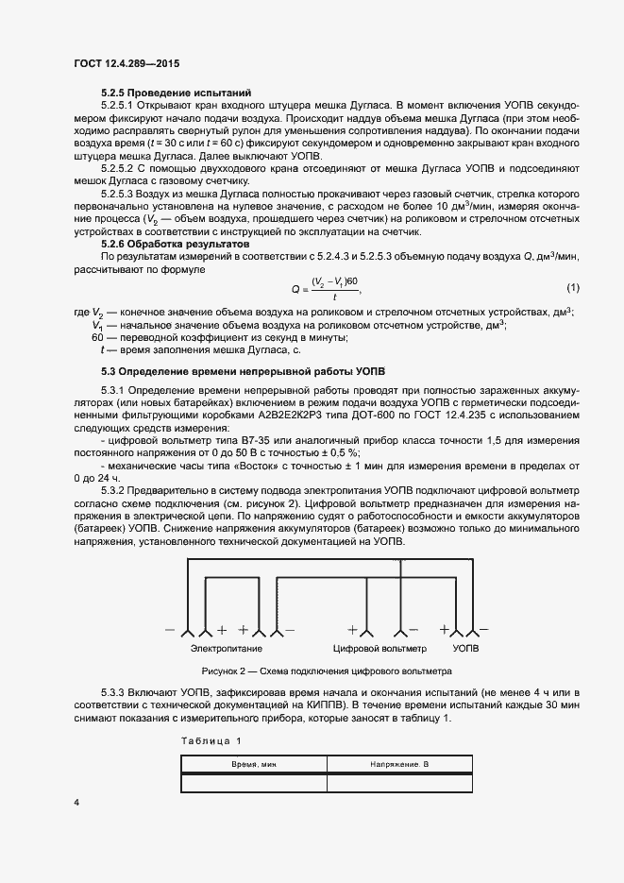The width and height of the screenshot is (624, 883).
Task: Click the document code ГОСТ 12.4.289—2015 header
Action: point(126,63)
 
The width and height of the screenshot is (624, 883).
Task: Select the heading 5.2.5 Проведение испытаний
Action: point(176,93)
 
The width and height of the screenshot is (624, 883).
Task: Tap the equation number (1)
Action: point(572,287)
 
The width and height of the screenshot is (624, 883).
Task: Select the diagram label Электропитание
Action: point(227,650)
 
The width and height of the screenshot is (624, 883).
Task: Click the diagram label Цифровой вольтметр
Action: point(379,650)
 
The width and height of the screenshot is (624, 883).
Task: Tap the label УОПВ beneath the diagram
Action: point(465,650)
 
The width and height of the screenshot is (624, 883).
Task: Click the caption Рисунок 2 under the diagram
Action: point(320,671)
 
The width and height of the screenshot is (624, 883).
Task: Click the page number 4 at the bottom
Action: point(76,802)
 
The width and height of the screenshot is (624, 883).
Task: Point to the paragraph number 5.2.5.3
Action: point(119,193)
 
